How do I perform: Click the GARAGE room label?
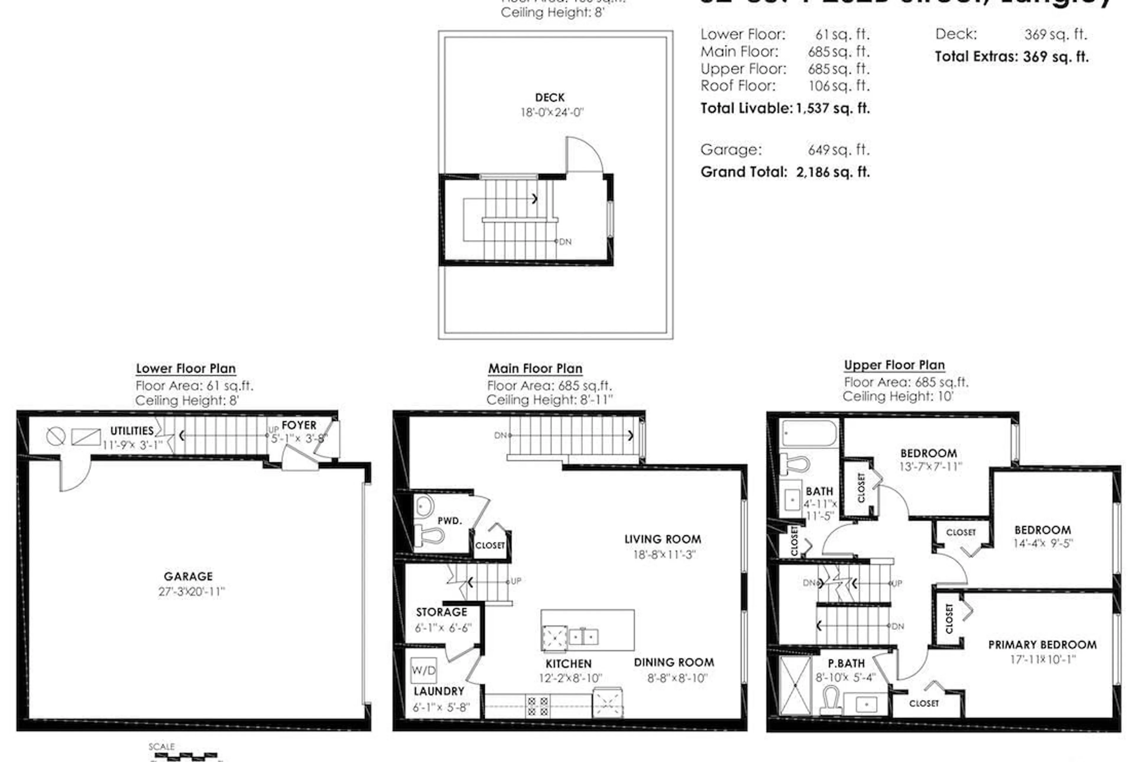pyautogui.click(x=188, y=576)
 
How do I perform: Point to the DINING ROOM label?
pyautogui.click(x=674, y=662)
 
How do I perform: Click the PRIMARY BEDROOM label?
pyautogui.click(x=1042, y=645)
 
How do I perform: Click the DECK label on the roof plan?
pyautogui.click(x=550, y=98)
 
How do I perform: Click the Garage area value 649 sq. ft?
pyautogui.click(x=839, y=150)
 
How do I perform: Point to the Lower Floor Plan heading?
pyautogui.click(x=186, y=368)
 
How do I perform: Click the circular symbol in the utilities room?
pyautogui.click(x=55, y=436)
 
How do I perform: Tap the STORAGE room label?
pyautogui.click(x=441, y=612)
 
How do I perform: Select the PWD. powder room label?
pyautogui.click(x=450, y=521)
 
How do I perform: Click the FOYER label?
pyautogui.click(x=299, y=425)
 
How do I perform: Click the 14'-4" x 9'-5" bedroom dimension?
pyautogui.click(x=1043, y=543)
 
